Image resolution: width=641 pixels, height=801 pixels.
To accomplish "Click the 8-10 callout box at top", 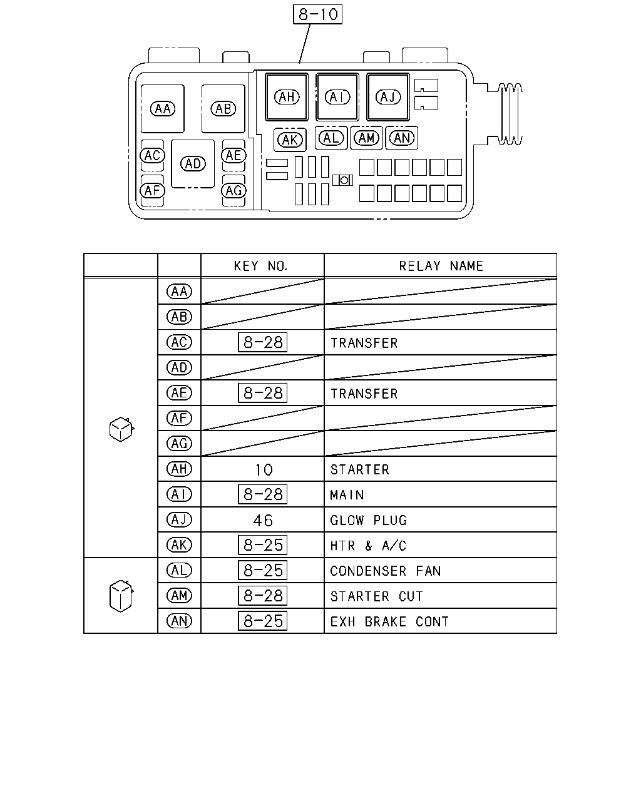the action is [317, 14].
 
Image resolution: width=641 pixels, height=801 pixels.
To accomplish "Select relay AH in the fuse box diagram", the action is [287, 97].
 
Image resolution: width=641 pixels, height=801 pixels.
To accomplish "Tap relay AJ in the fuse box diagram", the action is [387, 97].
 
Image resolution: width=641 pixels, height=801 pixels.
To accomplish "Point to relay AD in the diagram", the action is [193, 163].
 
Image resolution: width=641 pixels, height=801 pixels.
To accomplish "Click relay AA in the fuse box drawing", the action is [162, 109].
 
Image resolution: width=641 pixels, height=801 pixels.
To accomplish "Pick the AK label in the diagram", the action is [290, 140].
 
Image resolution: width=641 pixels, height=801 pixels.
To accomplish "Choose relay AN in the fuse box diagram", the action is [401, 138].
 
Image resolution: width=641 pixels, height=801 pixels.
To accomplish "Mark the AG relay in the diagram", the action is [233, 191].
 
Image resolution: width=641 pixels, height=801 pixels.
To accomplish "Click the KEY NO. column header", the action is [260, 266].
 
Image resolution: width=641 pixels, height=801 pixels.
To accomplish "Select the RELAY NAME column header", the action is [441, 266].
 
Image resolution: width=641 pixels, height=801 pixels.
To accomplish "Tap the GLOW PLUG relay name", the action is [368, 520].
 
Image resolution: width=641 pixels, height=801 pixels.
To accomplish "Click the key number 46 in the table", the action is [263, 521].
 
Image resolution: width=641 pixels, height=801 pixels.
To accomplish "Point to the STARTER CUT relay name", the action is [377, 596].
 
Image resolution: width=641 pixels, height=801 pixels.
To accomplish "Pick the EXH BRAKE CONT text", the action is [389, 621].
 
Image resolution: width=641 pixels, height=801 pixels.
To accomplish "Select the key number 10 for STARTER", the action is [264, 470].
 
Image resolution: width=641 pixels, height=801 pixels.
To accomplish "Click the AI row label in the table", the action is [179, 494].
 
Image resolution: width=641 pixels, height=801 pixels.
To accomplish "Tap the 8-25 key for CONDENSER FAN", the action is [262, 570].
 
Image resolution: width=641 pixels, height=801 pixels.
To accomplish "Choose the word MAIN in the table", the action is [347, 494].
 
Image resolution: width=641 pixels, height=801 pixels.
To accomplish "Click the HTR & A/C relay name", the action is [368, 546].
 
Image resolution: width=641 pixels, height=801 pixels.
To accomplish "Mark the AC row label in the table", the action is [179, 342].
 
